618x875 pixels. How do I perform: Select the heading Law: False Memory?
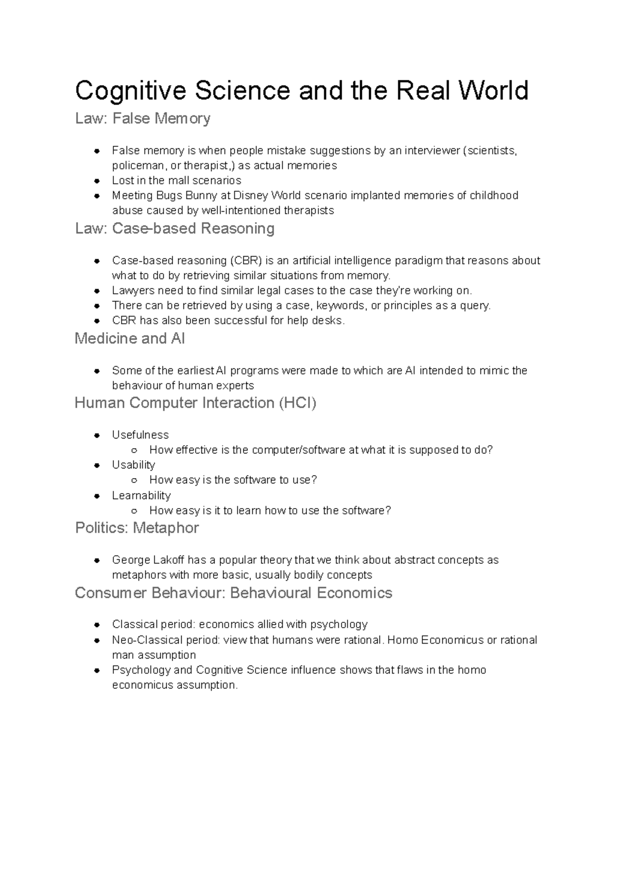[x=143, y=119]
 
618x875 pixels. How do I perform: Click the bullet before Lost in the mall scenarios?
[x=96, y=181]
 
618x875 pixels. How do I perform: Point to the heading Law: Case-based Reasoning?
[x=175, y=228]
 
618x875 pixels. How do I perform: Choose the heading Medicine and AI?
[x=130, y=339]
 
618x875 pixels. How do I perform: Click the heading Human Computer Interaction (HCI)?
[x=195, y=402]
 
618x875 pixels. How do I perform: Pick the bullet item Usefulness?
[x=140, y=435]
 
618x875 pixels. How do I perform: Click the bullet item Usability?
[x=133, y=465]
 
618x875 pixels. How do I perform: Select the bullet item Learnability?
[x=141, y=496]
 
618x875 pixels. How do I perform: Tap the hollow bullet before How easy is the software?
[x=134, y=480]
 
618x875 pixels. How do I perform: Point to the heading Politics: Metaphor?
[x=137, y=528]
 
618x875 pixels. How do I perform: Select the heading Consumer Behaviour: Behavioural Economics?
[x=233, y=593]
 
